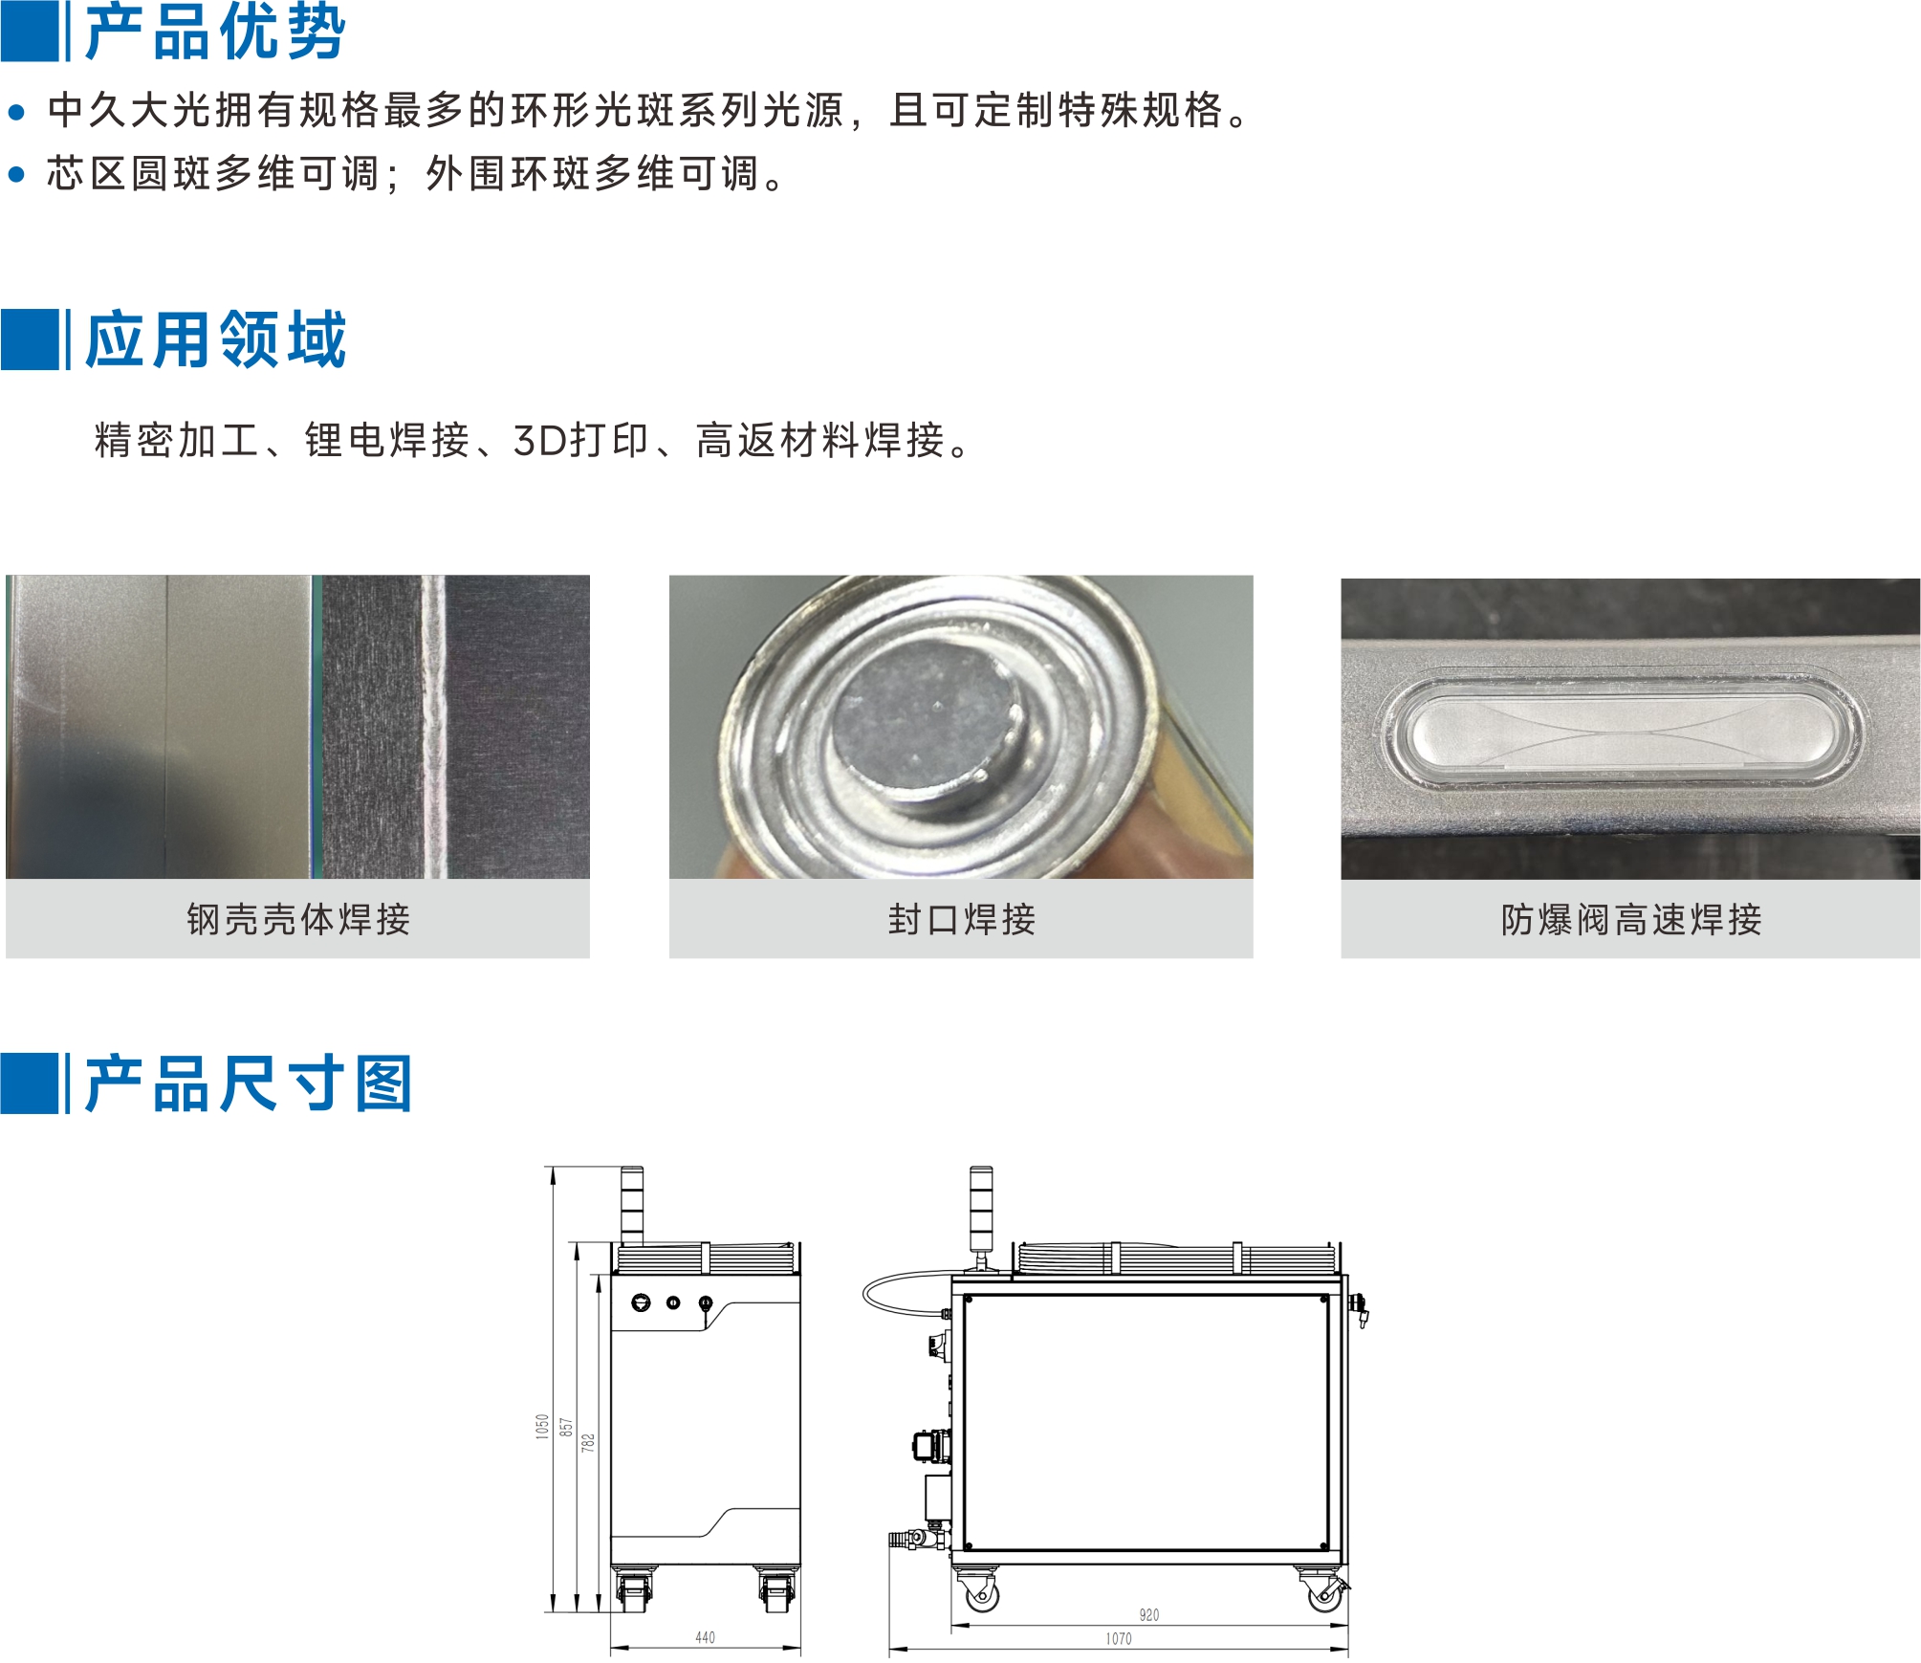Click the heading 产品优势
(215, 32)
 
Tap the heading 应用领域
(215, 339)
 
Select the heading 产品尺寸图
(249, 1083)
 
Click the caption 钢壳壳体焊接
(298, 919)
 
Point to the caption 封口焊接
(962, 919)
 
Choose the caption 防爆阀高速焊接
(1631, 919)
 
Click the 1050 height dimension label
(542, 1426)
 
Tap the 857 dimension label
(566, 1428)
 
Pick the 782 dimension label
(588, 1442)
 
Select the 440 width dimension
(705, 1637)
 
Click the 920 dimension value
(1149, 1615)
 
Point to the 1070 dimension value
(1119, 1638)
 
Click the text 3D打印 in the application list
(581, 441)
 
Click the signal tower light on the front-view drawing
(631, 1205)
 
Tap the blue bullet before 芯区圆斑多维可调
(16, 174)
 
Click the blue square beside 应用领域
(30, 339)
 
